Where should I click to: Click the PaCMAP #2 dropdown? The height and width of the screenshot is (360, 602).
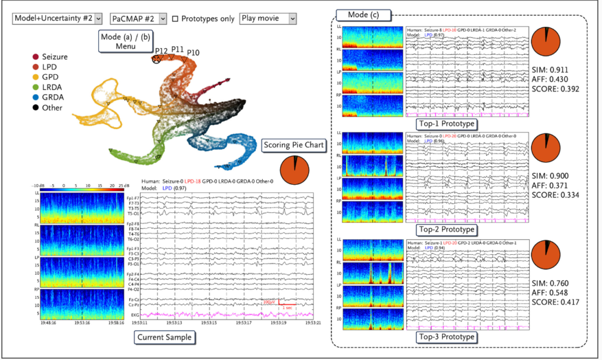[x=138, y=19]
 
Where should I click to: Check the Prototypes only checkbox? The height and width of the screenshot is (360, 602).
[x=176, y=19]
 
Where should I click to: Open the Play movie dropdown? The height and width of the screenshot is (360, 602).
[x=268, y=19]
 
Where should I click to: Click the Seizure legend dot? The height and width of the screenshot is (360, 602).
[x=36, y=57]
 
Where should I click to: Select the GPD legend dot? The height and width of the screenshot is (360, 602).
[x=36, y=78]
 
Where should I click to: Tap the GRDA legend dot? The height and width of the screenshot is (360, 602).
[x=36, y=98]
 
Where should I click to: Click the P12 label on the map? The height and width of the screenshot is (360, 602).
[x=162, y=52]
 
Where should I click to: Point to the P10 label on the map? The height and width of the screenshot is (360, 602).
[x=193, y=53]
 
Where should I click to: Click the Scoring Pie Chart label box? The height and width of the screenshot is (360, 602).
[x=295, y=144]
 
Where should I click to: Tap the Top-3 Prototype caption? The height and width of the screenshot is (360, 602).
[x=445, y=337]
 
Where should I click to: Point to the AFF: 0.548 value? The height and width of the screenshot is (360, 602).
[x=551, y=292]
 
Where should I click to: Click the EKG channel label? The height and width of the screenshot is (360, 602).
[x=135, y=316]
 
